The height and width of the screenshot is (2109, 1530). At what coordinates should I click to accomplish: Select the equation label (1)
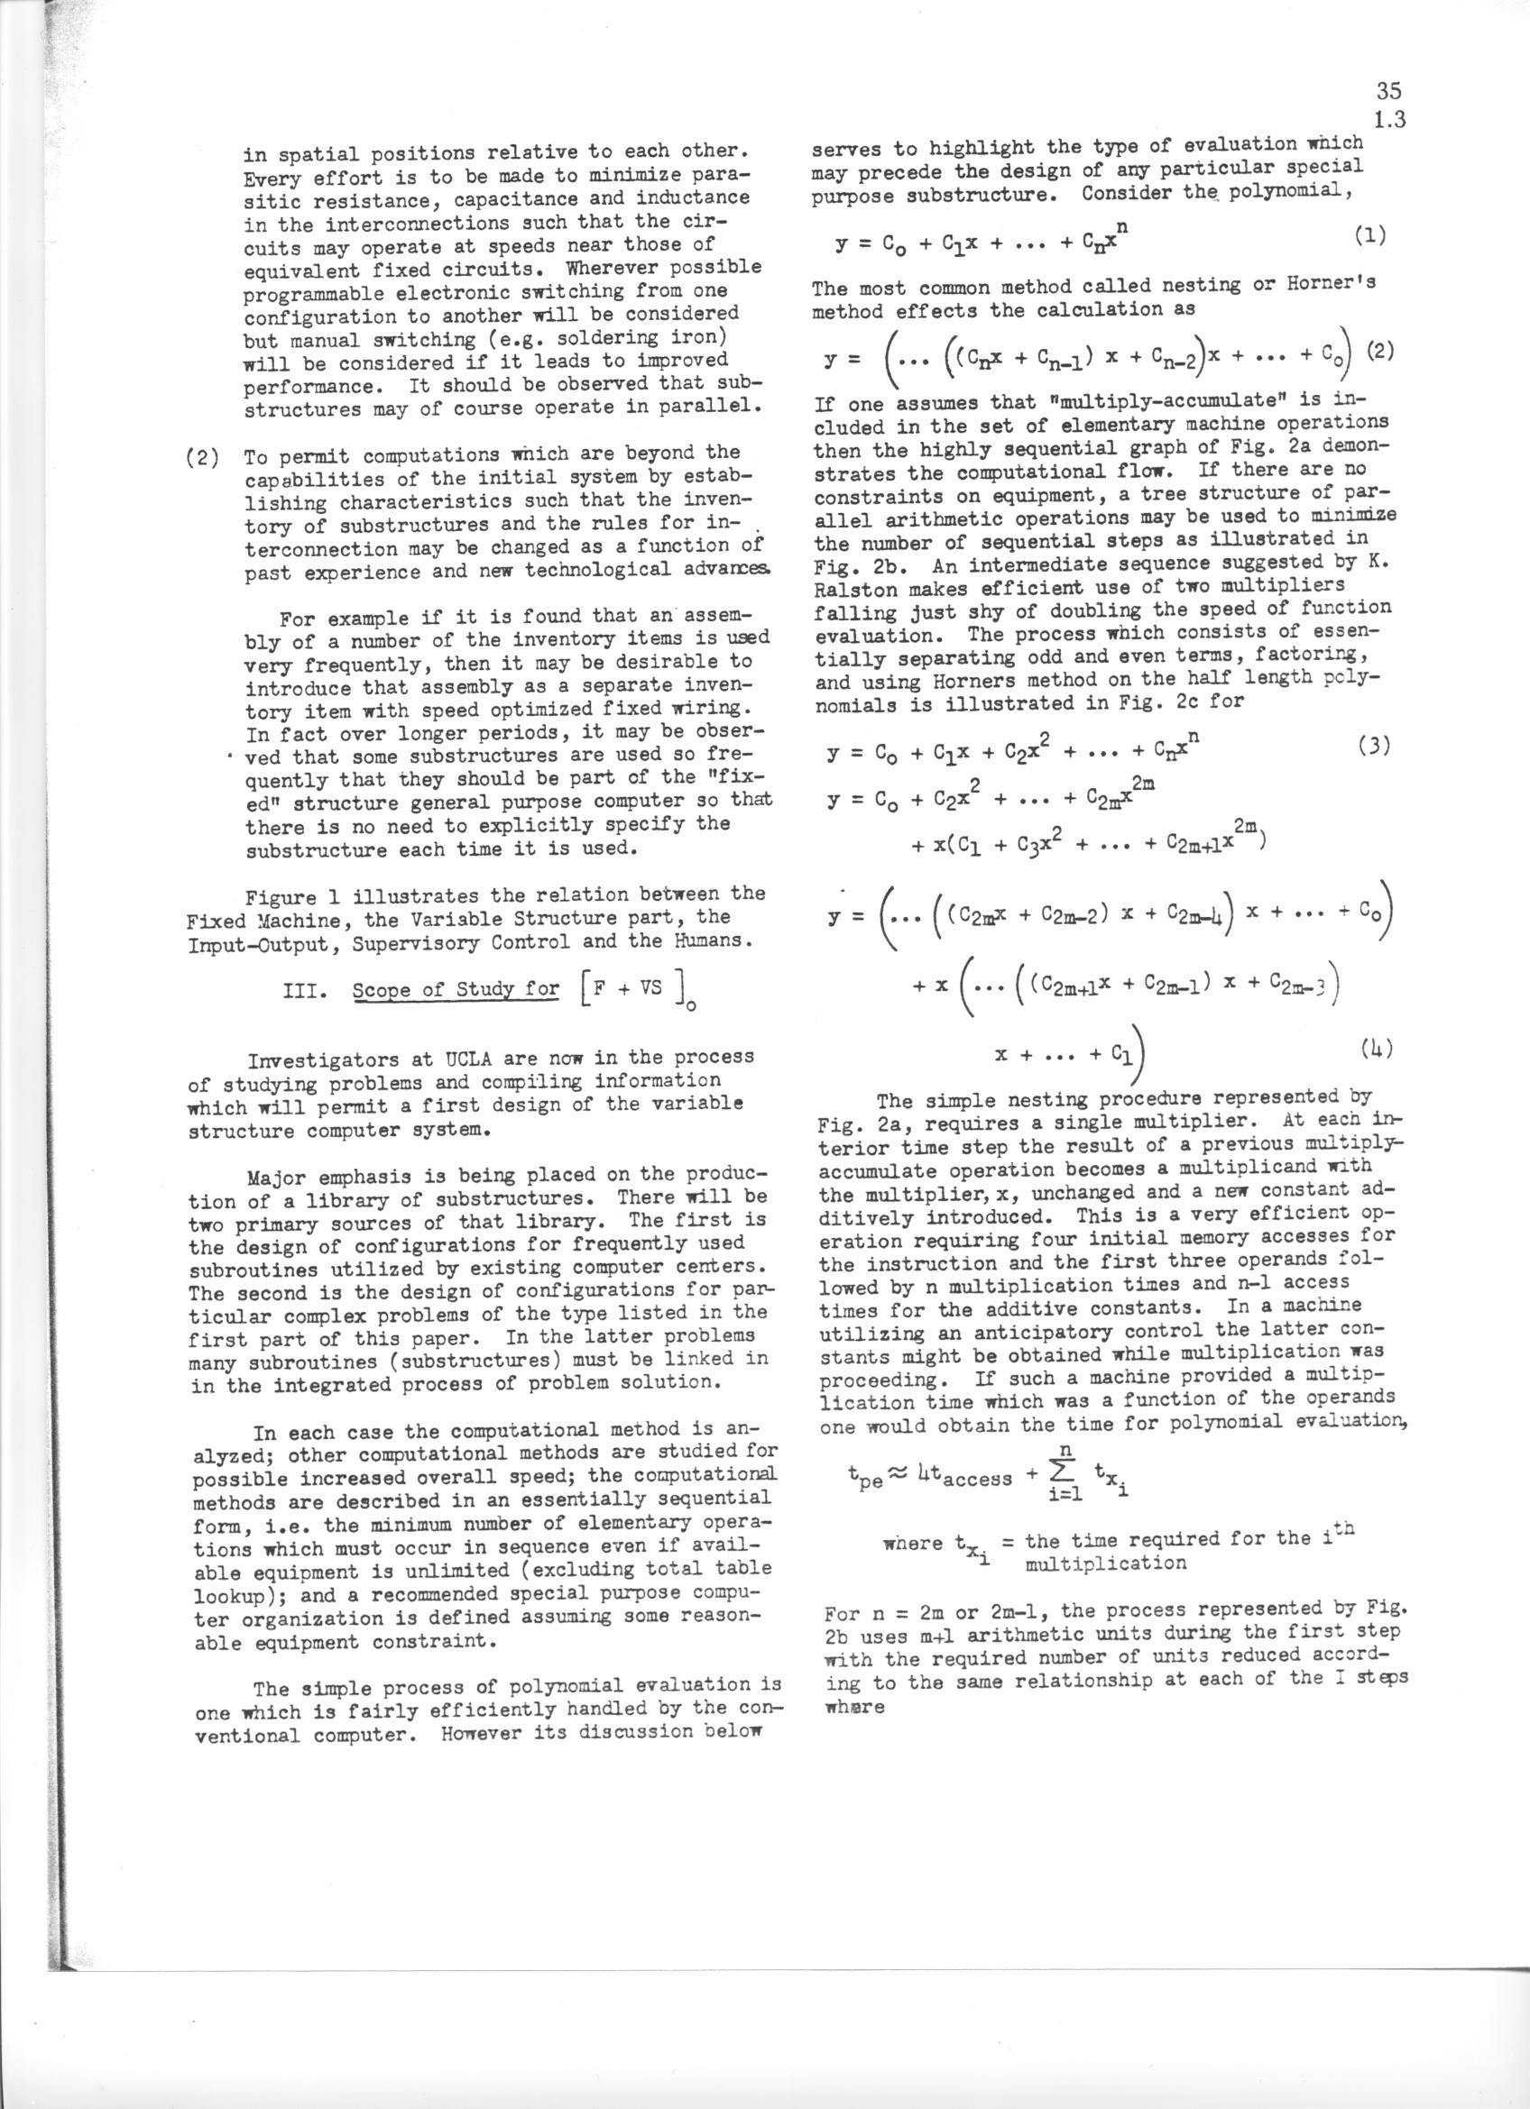click(x=1370, y=236)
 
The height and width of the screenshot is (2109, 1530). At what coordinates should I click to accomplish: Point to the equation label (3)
click(x=1372, y=746)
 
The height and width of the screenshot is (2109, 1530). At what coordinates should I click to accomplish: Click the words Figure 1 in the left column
click(x=284, y=895)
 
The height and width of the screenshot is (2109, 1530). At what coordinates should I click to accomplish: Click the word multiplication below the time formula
click(x=1105, y=1563)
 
